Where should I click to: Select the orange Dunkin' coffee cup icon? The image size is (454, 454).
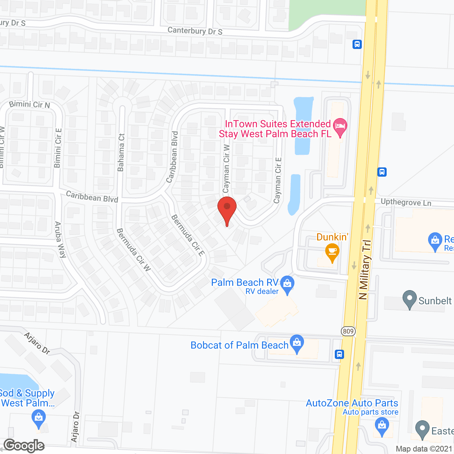pyautogui.click(x=332, y=252)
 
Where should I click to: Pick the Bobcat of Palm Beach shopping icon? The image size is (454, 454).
pyautogui.click(x=297, y=343)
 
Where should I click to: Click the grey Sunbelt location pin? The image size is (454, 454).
pyautogui.click(x=410, y=299)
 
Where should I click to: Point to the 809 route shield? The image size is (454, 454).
pyautogui.click(x=348, y=331)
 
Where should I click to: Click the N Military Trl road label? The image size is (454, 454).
pyautogui.click(x=365, y=270)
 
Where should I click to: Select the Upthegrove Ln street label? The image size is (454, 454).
pyautogui.click(x=406, y=203)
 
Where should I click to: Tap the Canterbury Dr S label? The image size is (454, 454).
pyautogui.click(x=195, y=31)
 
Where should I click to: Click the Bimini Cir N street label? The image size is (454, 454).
pyautogui.click(x=29, y=104)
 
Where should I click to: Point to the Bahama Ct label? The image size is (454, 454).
pyautogui.click(x=121, y=153)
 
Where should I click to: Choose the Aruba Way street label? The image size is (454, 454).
pyautogui.click(x=60, y=239)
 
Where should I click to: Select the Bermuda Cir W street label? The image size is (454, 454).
pyautogui.click(x=134, y=250)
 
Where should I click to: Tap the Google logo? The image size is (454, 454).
pyautogui.click(x=24, y=445)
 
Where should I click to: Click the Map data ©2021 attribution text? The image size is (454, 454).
pyautogui.click(x=424, y=449)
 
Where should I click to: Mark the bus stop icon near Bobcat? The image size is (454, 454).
pyautogui.click(x=339, y=354)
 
